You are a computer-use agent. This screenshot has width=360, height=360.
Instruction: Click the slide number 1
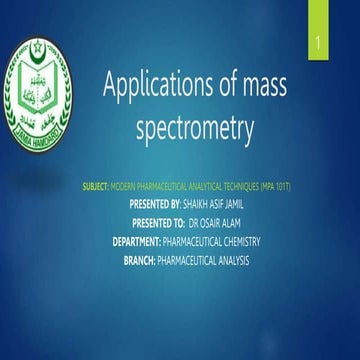(317, 47)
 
